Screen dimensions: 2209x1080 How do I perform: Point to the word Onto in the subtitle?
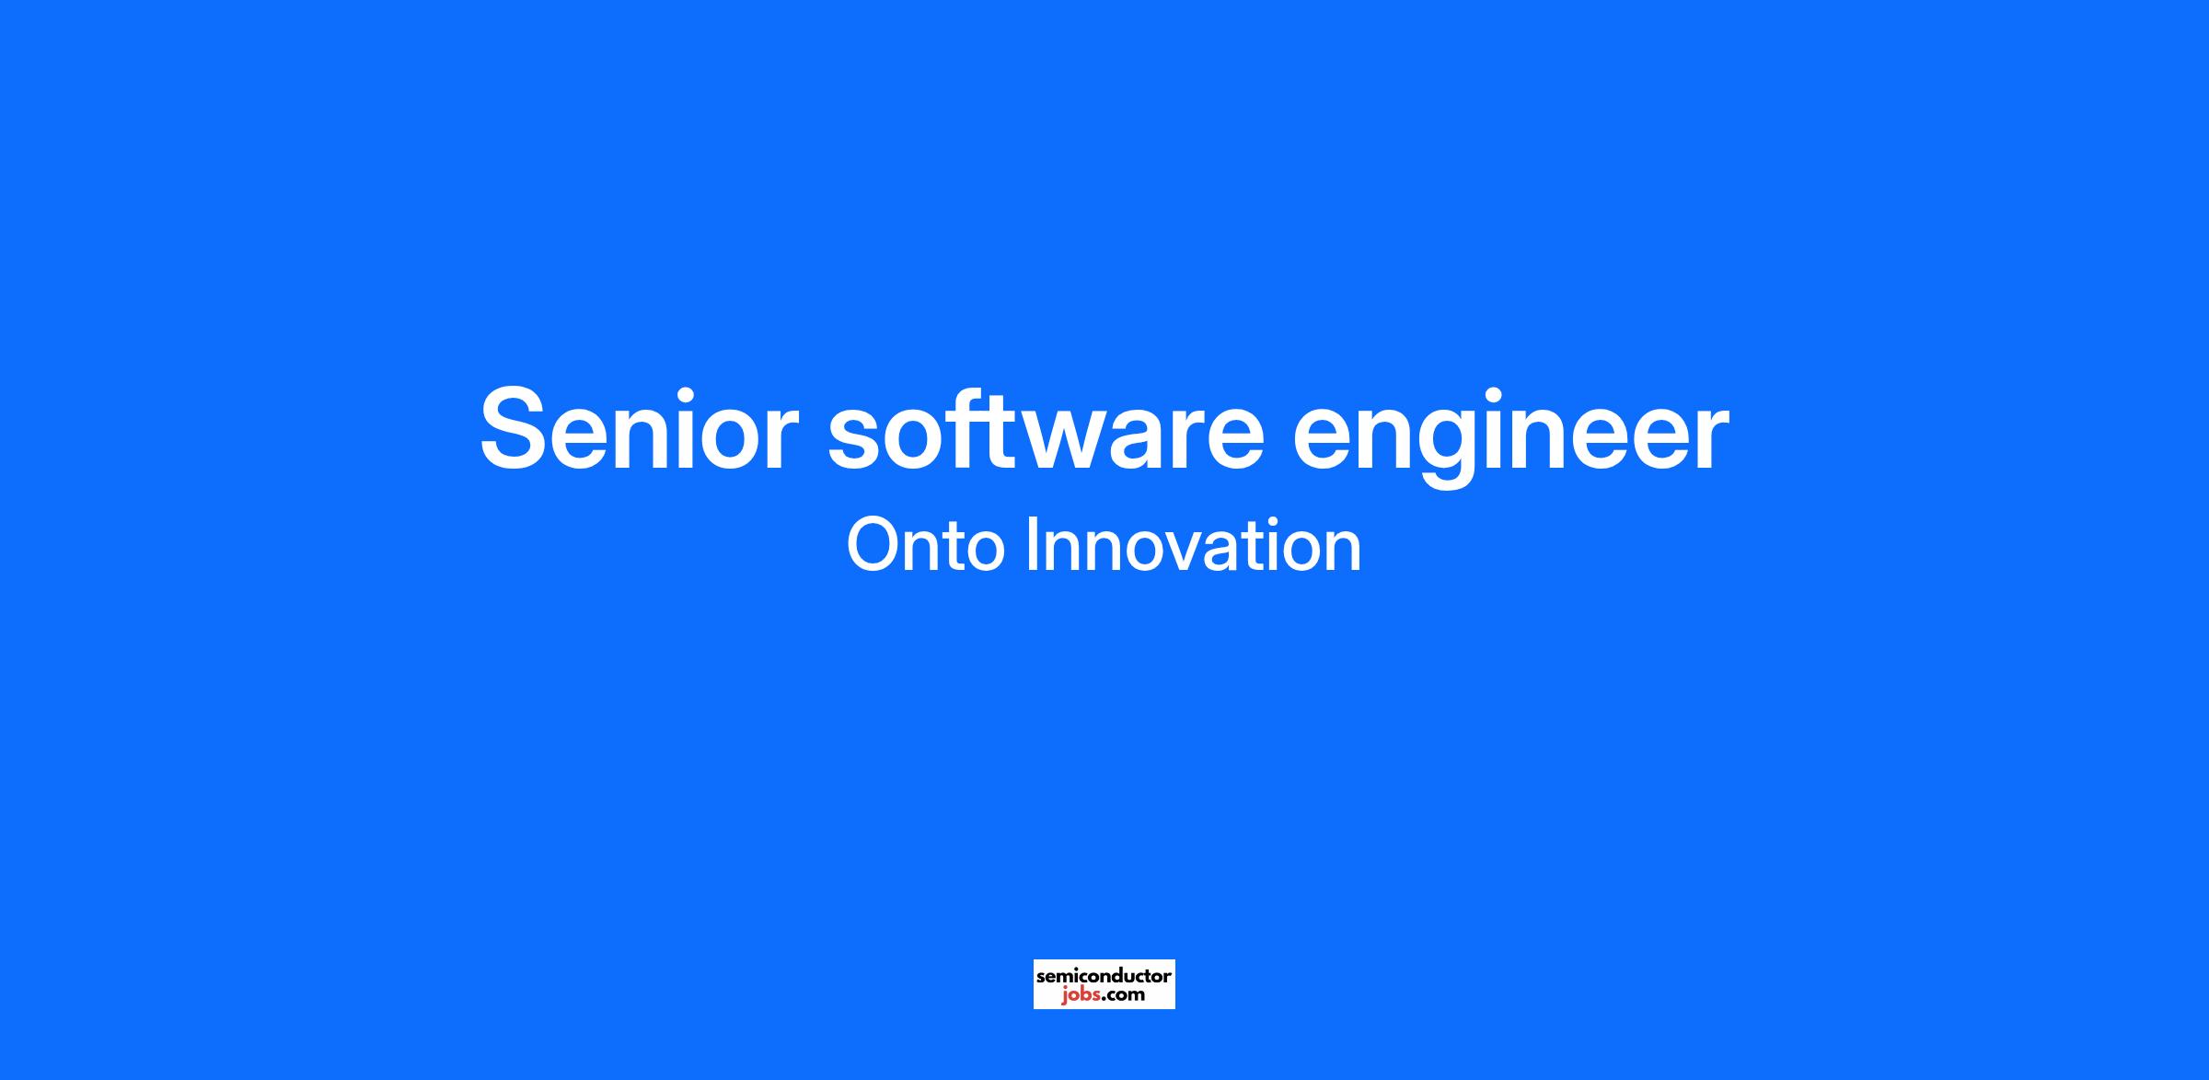924,546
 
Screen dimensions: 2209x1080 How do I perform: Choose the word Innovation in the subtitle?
1193,545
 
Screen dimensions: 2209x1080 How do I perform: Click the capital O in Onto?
873,546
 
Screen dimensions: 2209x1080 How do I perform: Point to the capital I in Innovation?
1030,546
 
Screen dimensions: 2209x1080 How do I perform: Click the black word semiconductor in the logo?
1104,976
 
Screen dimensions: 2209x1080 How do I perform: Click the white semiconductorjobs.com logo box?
1104,984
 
